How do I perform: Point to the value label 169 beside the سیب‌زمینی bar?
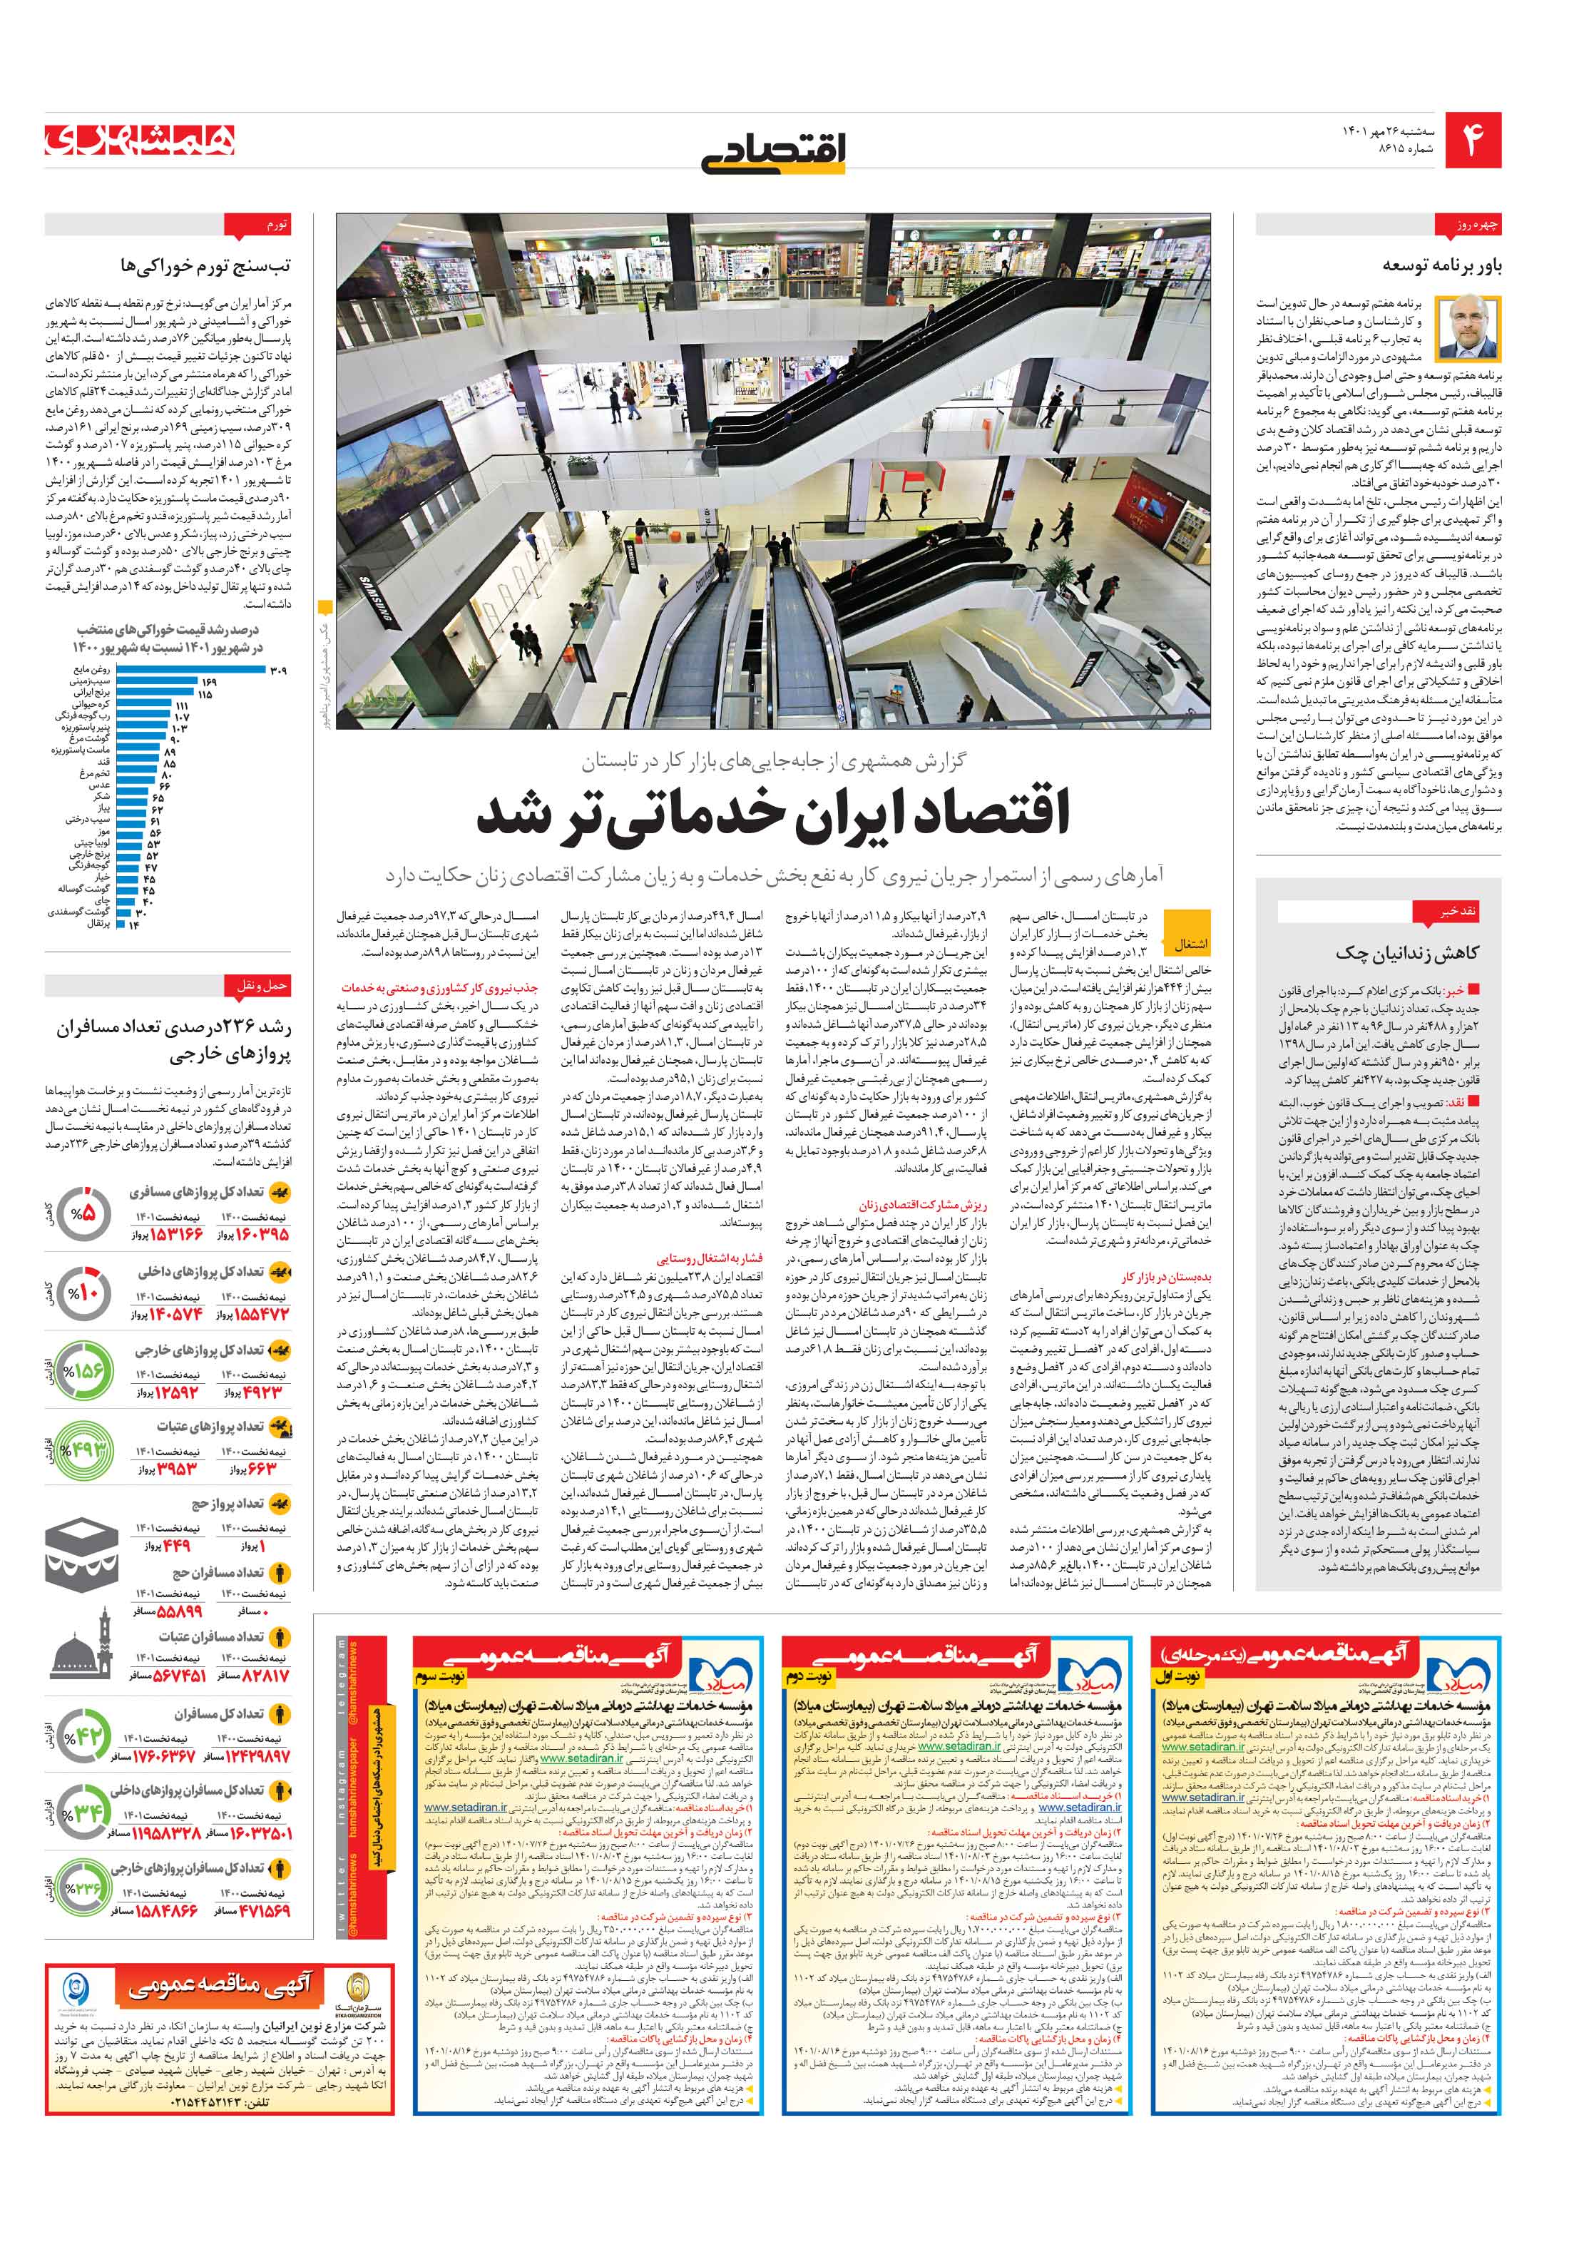(x=208, y=681)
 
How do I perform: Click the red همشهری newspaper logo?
(x=140, y=141)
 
